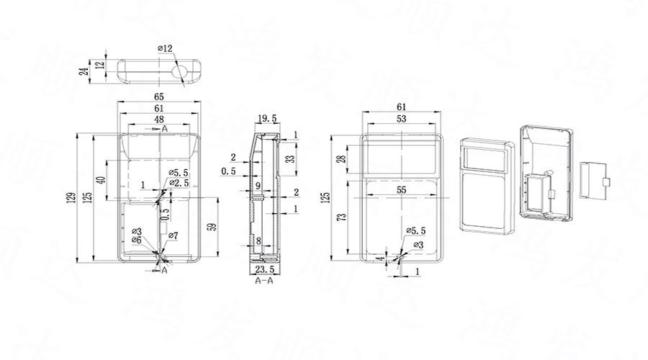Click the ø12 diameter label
pos(166,48)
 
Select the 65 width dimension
pos(159,96)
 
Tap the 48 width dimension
pos(159,119)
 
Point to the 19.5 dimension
pos(266,118)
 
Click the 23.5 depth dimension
pos(264,270)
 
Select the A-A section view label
pos(264,282)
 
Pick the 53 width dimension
pos(401,118)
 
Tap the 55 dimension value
pos(401,189)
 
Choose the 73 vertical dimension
pos(341,217)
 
